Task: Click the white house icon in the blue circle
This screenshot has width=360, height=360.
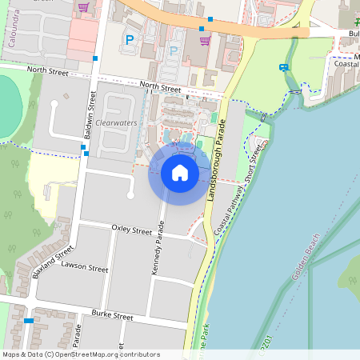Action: [180, 172]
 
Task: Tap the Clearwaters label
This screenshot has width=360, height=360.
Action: [116, 124]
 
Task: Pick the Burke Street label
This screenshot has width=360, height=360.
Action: [112, 316]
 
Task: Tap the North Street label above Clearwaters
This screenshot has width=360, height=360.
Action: [160, 86]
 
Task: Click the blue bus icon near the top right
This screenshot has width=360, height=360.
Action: [284, 67]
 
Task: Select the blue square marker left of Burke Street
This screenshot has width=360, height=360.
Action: [29, 321]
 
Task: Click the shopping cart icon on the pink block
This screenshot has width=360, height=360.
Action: [84, 9]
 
